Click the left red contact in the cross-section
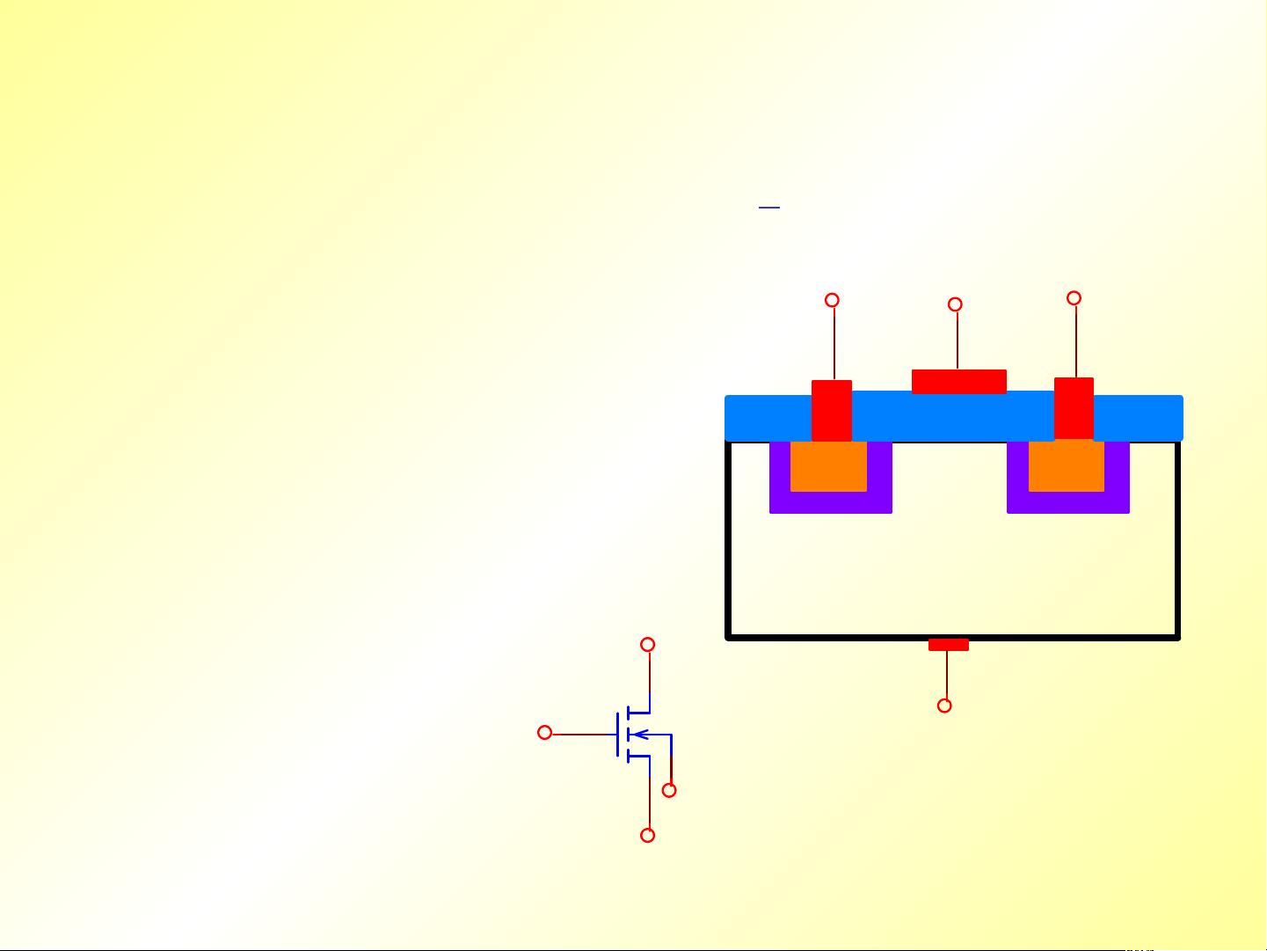(x=831, y=410)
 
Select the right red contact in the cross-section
(x=1074, y=408)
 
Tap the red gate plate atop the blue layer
(x=958, y=382)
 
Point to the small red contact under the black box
(x=948, y=645)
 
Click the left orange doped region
(x=828, y=466)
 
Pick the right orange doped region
(x=1066, y=466)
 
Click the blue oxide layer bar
(x=953, y=417)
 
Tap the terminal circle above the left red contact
(x=832, y=300)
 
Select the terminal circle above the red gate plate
(x=955, y=304)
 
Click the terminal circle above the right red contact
(x=1074, y=298)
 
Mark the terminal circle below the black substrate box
(x=944, y=706)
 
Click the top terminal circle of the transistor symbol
(x=648, y=645)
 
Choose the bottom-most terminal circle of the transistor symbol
(x=648, y=835)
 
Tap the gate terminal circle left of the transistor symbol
(x=545, y=733)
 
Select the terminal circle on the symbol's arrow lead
(x=669, y=790)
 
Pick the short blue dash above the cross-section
(x=769, y=208)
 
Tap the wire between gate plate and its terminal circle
(x=957, y=339)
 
